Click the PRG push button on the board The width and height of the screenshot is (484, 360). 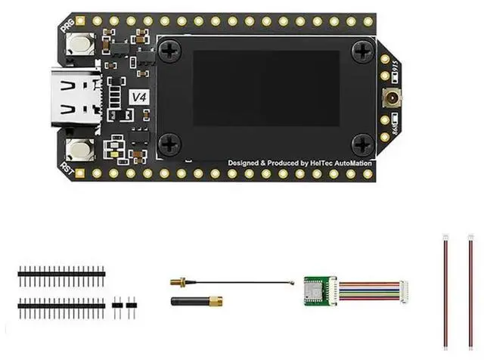click(78, 45)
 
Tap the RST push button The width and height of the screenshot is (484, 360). click(79, 149)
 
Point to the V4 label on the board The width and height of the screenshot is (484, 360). click(138, 97)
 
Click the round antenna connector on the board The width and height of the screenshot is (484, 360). click(393, 98)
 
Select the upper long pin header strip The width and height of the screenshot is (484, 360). click(60, 269)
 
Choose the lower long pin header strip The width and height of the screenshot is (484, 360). click(62, 304)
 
